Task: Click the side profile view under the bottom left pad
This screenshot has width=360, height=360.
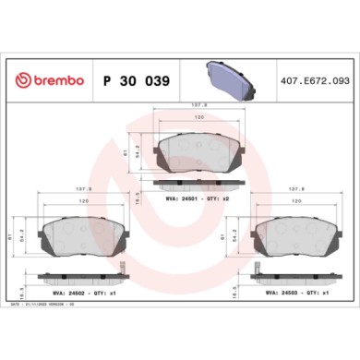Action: pyautogui.click(x=78, y=273)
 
